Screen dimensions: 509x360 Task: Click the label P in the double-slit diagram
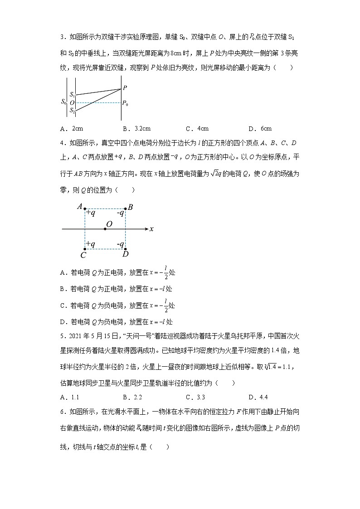[x=125, y=87]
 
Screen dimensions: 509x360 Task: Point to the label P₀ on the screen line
[x=125, y=103]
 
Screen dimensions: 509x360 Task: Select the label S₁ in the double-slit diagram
[x=72, y=95]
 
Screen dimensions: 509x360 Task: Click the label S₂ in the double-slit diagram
[x=72, y=110]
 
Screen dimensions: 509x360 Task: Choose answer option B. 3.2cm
[x=136, y=128]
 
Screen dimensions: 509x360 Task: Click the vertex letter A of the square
[x=79, y=207]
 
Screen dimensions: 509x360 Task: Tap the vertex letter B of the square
[x=130, y=208]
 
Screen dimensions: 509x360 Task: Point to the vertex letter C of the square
[x=83, y=255]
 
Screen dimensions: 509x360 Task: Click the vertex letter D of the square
[x=126, y=254]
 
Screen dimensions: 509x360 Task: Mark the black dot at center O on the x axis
[x=105, y=229]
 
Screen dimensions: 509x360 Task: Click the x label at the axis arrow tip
[x=151, y=229]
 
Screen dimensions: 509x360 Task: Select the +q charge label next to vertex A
[x=91, y=213]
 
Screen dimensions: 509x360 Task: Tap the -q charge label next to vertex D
[x=120, y=244]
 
